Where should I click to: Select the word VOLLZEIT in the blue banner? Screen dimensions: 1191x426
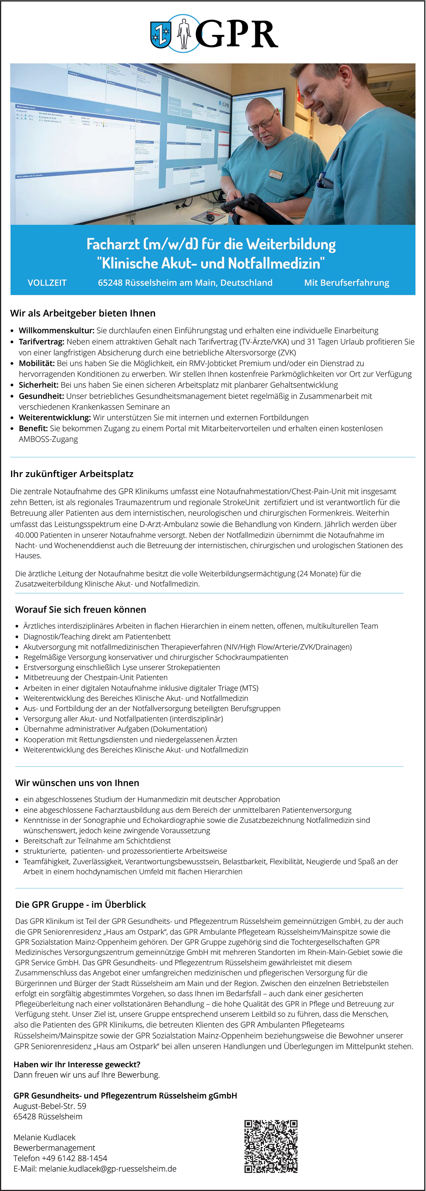coord(47,283)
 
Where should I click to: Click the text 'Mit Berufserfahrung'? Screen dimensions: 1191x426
coord(346,283)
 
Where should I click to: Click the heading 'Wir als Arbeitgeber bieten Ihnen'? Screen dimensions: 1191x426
coord(83,313)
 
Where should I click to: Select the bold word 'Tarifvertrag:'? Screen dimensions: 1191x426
coord(42,342)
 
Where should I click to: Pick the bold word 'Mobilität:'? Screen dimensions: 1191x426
coord(36,363)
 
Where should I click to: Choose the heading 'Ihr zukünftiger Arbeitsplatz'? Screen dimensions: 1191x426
coord(72,474)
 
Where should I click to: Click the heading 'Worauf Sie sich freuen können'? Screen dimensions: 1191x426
coord(80,609)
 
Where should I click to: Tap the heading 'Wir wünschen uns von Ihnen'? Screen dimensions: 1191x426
coord(77,783)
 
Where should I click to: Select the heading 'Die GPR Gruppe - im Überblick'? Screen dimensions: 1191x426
coord(80,904)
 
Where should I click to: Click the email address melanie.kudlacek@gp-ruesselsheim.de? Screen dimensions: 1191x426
coord(107,1168)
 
